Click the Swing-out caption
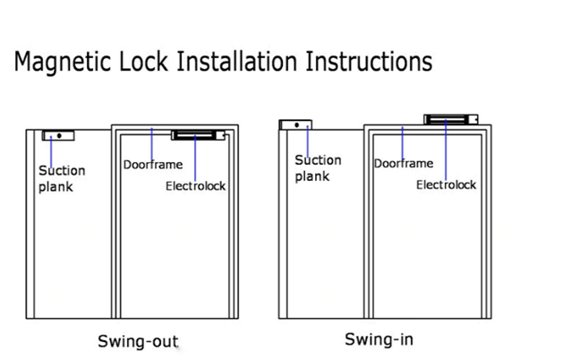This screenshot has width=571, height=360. [137, 341]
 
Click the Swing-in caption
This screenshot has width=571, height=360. [379, 339]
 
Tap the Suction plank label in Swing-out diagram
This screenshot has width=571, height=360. [62, 178]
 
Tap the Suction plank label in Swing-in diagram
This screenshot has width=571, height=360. [318, 168]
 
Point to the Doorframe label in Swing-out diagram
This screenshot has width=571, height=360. [152, 165]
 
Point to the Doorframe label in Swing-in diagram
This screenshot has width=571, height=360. [404, 164]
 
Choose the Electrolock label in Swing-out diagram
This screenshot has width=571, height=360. [195, 186]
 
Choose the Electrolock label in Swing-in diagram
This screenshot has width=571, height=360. [446, 185]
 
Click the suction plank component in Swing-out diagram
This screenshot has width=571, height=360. [58, 136]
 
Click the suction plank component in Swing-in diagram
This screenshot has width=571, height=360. [294, 125]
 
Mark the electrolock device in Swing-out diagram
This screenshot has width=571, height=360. [198, 136]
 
